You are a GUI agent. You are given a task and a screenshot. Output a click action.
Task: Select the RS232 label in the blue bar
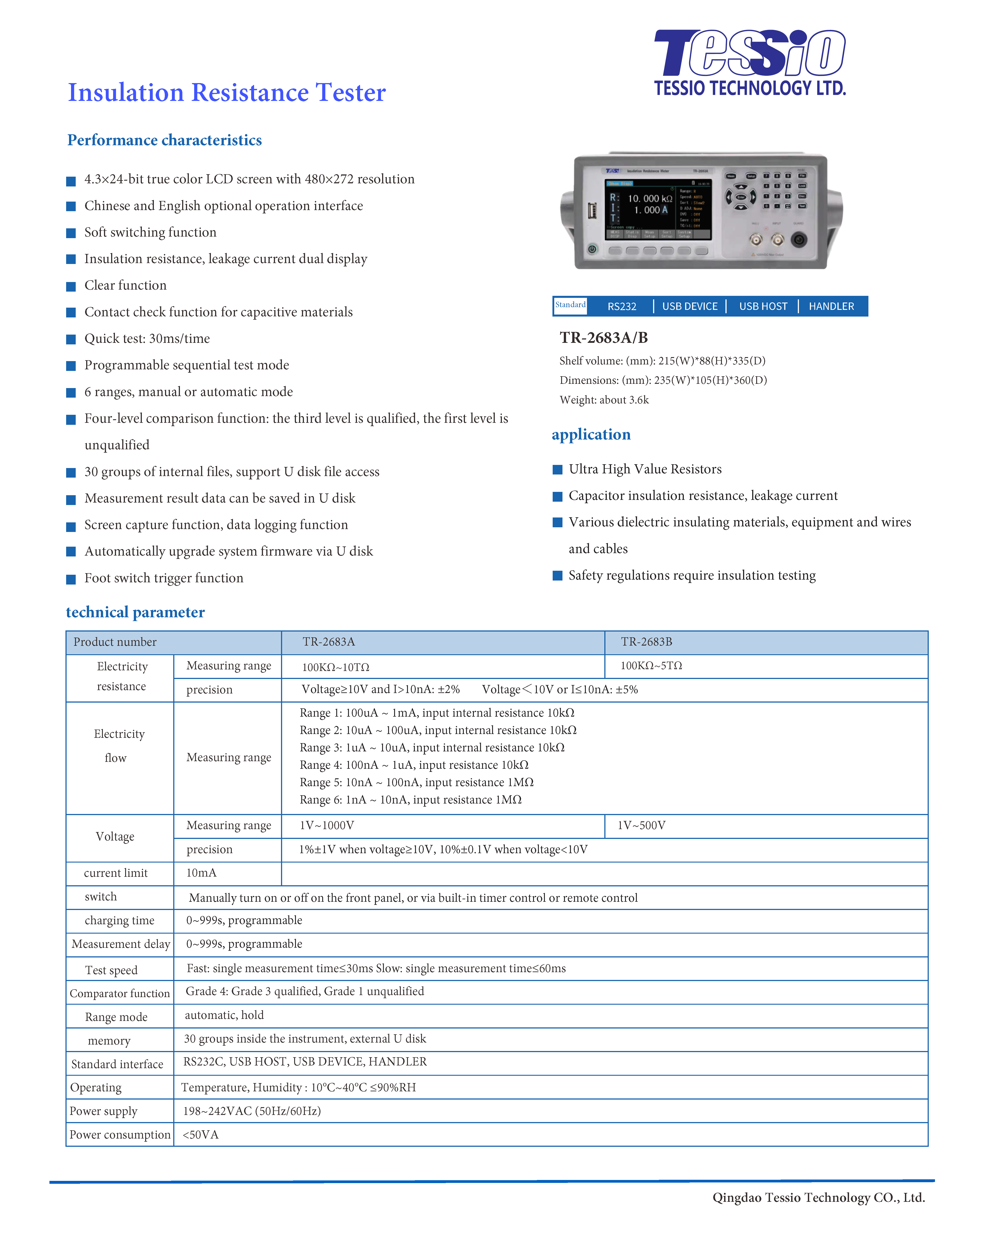point(622,307)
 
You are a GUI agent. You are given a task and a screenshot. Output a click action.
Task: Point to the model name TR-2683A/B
point(603,338)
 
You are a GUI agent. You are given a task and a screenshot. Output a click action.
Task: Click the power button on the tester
point(592,249)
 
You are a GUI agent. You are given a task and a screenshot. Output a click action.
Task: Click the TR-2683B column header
point(646,642)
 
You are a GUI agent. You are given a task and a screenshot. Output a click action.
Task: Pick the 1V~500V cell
point(641,825)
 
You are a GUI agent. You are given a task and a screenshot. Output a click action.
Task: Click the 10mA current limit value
point(202,873)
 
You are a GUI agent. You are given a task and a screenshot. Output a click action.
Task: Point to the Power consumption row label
point(120,1135)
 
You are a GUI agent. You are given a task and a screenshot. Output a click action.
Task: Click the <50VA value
point(200,1135)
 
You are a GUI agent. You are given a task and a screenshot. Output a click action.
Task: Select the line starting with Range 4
point(413,765)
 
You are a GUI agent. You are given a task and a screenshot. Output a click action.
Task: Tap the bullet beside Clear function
point(71,286)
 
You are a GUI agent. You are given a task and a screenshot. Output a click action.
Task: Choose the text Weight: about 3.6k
point(604,400)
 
